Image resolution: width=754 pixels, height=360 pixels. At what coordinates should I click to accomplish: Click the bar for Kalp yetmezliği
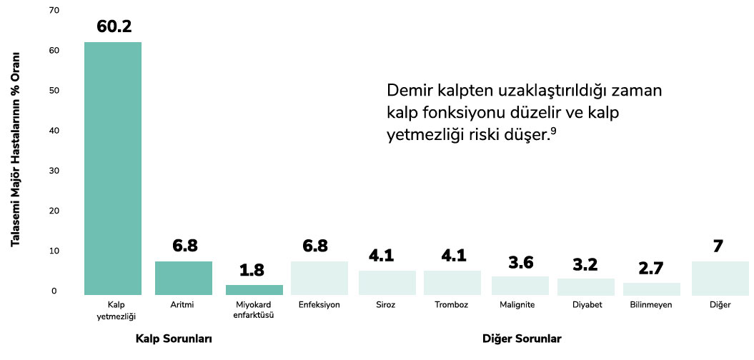[x=113, y=169]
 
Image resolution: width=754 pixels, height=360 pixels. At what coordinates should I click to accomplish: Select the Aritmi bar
[x=184, y=279]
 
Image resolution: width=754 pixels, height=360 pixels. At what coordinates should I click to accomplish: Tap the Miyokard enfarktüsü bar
[x=254, y=290]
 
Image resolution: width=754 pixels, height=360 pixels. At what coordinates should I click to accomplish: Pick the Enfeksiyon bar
[x=319, y=279]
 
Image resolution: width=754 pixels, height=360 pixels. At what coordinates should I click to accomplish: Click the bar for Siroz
[x=387, y=283]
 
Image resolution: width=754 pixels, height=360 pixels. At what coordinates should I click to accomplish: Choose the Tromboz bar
[x=452, y=283]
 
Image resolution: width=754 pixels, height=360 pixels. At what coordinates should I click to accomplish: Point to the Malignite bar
[x=520, y=286]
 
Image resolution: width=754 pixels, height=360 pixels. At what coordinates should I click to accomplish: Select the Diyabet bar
[x=585, y=286]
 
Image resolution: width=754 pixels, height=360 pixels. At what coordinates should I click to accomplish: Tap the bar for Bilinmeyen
[x=651, y=289]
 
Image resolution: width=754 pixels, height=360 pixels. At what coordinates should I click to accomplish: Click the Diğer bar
[x=720, y=279]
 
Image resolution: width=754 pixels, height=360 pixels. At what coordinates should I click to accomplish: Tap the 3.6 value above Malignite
[x=520, y=261]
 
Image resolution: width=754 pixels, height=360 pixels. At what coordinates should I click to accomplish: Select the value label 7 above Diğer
[x=718, y=246]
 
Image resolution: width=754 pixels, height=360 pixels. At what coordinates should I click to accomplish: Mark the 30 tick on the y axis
[x=54, y=171]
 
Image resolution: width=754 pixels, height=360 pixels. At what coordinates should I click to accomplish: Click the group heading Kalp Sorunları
[x=174, y=338]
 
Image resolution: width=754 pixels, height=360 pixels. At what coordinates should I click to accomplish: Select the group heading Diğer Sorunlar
[x=522, y=338]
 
